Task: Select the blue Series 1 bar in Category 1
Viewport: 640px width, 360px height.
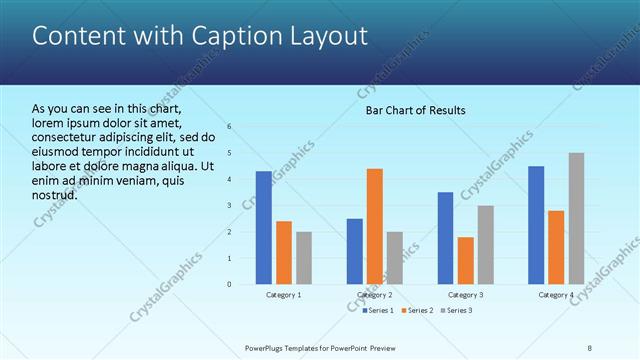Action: pyautogui.click(x=264, y=228)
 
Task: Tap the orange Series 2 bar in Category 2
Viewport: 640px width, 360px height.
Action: pyautogui.click(x=375, y=226)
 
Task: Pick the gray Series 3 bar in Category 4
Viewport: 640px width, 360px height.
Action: pyautogui.click(x=577, y=218)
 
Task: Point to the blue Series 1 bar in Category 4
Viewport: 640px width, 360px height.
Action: pyautogui.click(x=536, y=225)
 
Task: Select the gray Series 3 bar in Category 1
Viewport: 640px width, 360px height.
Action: pyautogui.click(x=304, y=258)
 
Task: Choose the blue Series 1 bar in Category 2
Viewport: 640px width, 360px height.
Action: pyautogui.click(x=355, y=251)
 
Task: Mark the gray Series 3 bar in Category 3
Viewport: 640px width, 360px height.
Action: pyautogui.click(x=485, y=245)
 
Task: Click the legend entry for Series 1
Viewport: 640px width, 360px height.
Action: pyautogui.click(x=376, y=311)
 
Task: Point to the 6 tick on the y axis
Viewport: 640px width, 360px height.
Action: pyautogui.click(x=230, y=127)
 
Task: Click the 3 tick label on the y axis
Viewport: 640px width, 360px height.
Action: pyautogui.click(x=230, y=206)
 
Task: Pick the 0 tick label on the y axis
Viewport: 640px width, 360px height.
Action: pyautogui.click(x=230, y=284)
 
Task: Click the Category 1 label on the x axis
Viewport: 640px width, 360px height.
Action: pyautogui.click(x=284, y=295)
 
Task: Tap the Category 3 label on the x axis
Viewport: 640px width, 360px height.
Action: pyautogui.click(x=465, y=295)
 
